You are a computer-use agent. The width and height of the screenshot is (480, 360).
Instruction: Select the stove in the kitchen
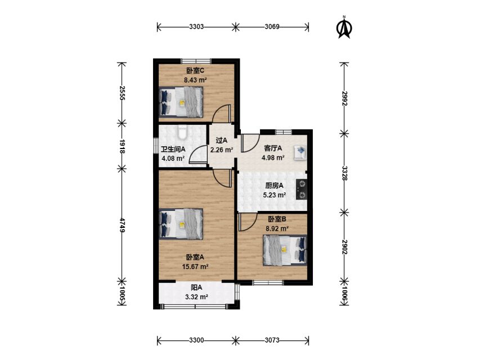tap(301, 189)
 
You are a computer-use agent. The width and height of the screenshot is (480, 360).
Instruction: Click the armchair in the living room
tap(300, 152)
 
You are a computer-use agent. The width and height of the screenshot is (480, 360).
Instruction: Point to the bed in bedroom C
tap(181, 102)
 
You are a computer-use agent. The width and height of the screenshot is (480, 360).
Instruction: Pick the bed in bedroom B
tap(285, 250)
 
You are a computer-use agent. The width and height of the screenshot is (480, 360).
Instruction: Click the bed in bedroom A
tap(181, 224)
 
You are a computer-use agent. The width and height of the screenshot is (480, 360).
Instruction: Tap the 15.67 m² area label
tap(195, 266)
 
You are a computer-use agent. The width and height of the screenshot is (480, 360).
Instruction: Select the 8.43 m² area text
tap(195, 80)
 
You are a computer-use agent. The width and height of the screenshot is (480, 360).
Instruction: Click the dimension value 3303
tap(196, 26)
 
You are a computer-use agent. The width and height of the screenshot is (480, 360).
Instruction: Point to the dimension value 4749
tap(122, 225)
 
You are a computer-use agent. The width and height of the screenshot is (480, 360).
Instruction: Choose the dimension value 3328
tap(344, 173)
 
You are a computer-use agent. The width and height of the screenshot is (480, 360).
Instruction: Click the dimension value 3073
tap(272, 340)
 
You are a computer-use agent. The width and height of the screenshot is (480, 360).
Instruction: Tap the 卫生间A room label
tap(173, 150)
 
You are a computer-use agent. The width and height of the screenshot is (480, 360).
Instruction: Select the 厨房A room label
tap(274, 186)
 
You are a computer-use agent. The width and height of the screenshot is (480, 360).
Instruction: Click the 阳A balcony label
tap(196, 287)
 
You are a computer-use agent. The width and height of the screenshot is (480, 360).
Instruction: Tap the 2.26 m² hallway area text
tap(222, 150)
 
